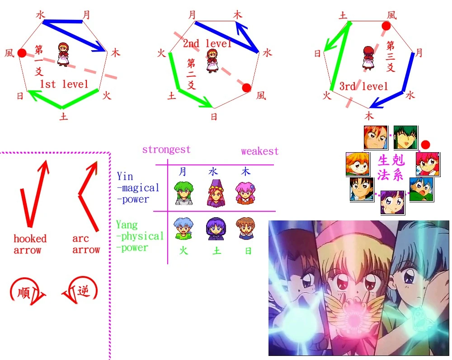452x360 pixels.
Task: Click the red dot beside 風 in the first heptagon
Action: (22, 53)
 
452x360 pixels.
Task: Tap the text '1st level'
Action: (63, 84)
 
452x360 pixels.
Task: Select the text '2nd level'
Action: (207, 44)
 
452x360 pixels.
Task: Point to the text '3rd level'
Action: (363, 86)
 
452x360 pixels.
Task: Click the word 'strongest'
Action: (166, 150)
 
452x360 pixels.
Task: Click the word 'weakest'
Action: (260, 151)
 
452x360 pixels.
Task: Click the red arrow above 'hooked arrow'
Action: (34, 194)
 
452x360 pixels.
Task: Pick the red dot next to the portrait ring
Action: (425, 145)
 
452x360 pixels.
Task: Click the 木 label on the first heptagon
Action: (116, 53)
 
